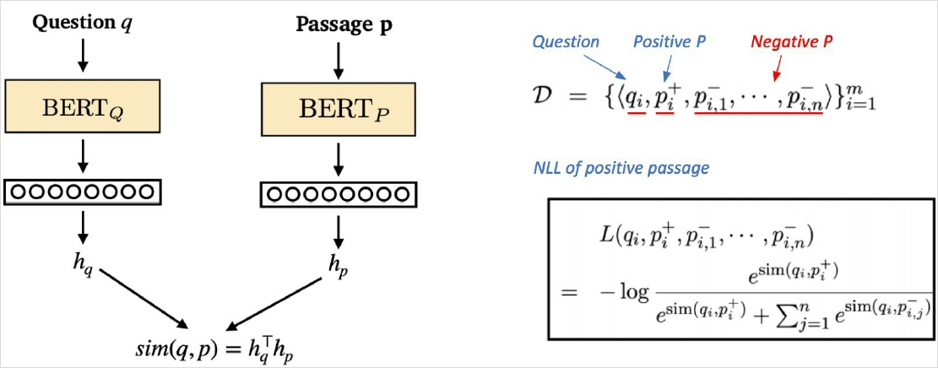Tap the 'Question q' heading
(81, 22)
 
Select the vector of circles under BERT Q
(82, 192)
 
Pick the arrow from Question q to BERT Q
(82, 54)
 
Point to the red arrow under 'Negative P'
(779, 66)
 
